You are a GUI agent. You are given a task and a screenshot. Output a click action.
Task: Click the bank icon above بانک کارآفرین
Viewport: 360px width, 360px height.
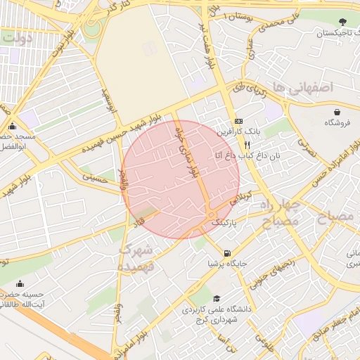coord(238,121)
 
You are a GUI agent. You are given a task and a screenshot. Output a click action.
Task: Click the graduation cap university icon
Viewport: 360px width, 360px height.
coord(217,299)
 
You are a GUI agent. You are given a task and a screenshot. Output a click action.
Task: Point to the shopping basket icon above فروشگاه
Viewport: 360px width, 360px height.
coord(337,111)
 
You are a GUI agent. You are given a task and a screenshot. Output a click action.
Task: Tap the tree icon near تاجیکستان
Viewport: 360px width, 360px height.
coord(342,22)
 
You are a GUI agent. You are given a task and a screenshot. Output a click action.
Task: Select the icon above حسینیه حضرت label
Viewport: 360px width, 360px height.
coord(19,285)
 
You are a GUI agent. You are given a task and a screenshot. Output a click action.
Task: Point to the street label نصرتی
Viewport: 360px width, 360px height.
coord(310,144)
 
